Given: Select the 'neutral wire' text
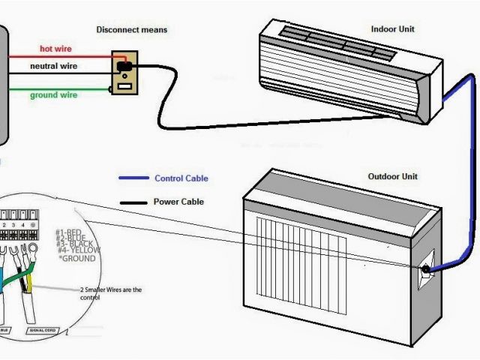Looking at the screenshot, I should pyautogui.click(x=53, y=66).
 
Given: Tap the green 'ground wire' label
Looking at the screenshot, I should pyautogui.click(x=53, y=94).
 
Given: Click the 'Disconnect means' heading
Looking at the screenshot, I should pyautogui.click(x=131, y=30).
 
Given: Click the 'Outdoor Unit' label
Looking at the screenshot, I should pyautogui.click(x=393, y=176).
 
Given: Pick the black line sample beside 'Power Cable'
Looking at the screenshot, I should pyautogui.click(x=133, y=202).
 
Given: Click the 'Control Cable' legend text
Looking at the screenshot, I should pyautogui.click(x=181, y=178).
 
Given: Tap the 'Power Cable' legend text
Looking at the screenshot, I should pyautogui.click(x=178, y=202).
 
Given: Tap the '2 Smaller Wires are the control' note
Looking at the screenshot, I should pyautogui.click(x=110, y=293).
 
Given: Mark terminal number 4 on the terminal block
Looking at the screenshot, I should pyautogui.click(x=24, y=225).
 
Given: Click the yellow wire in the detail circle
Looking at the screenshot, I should pyautogui.click(x=29, y=280).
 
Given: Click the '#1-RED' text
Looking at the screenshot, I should pyautogui.click(x=69, y=232).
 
